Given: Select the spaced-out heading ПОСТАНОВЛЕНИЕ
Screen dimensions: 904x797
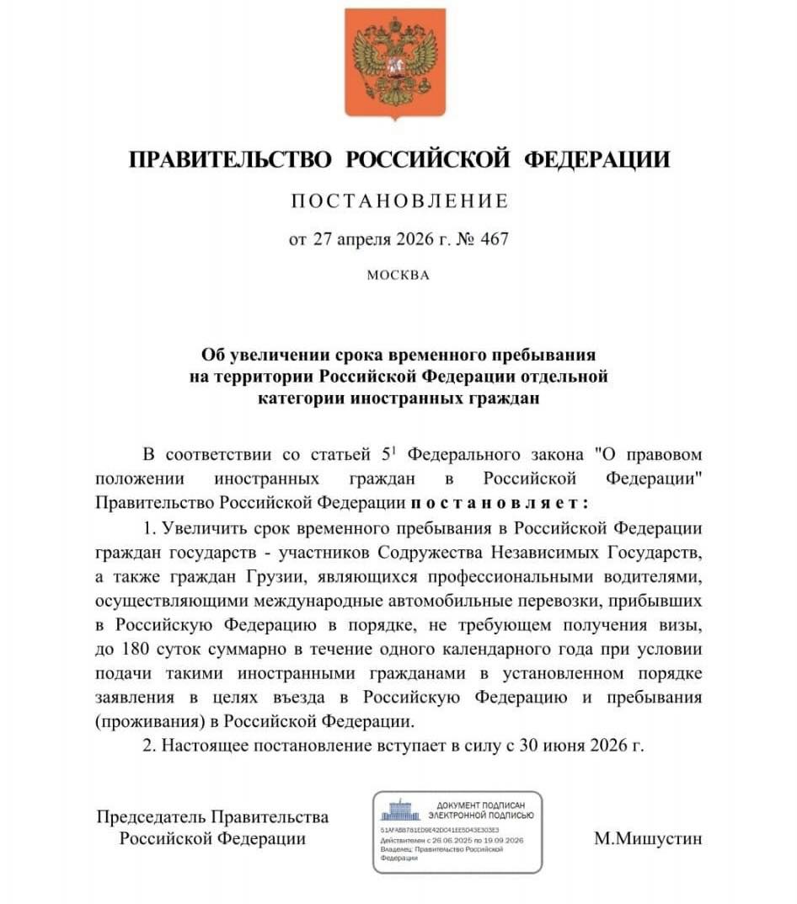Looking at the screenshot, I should pyautogui.click(x=399, y=201).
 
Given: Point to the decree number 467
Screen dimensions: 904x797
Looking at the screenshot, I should pyautogui.click(x=494, y=239).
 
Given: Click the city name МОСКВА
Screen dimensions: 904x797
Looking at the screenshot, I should pyautogui.click(x=398, y=275).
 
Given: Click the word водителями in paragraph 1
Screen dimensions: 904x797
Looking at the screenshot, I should pyautogui.click(x=648, y=576).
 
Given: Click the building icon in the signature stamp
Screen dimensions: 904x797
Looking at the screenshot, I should pyautogui.click(x=399, y=811).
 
